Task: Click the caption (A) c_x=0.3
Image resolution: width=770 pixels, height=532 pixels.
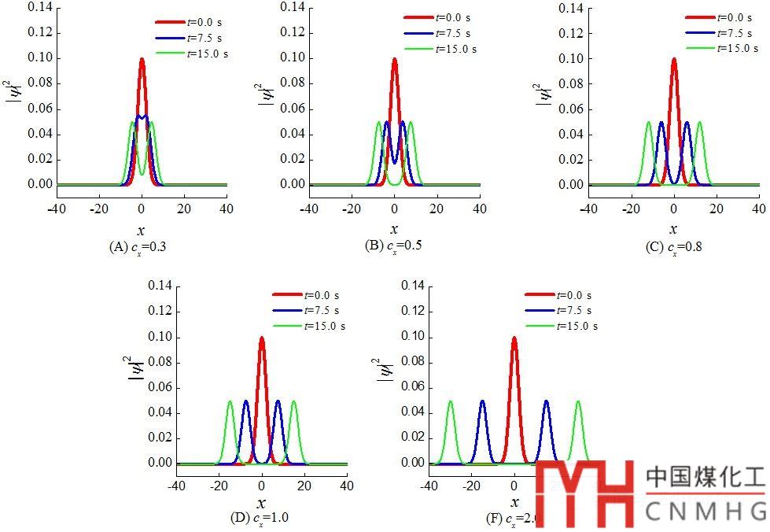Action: point(138,246)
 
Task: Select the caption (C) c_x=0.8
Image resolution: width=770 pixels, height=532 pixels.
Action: point(673,246)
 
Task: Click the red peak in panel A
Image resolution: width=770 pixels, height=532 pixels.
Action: point(142,60)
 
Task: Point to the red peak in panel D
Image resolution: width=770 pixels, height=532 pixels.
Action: point(262,339)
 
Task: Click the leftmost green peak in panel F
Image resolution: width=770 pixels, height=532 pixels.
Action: point(451,402)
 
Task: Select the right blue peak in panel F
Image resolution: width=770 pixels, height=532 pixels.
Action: point(546,402)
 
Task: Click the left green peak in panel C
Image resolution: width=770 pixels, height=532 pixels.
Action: point(649,123)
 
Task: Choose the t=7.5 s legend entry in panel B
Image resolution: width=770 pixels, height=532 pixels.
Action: point(440,33)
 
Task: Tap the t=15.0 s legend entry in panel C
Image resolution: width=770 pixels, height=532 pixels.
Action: point(720,48)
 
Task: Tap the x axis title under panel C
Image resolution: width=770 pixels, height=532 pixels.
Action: point(674,229)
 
